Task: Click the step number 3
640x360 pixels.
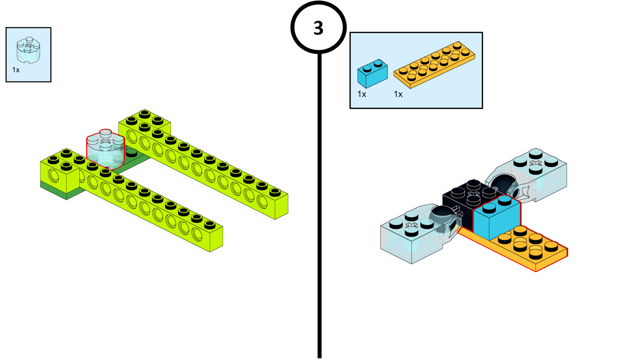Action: tap(318, 28)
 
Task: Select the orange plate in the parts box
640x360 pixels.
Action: tap(434, 64)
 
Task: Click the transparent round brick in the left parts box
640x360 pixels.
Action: tap(28, 50)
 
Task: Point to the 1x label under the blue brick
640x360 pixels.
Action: tap(362, 94)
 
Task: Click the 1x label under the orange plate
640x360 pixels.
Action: tap(398, 94)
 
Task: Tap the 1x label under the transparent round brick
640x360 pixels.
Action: tap(16, 70)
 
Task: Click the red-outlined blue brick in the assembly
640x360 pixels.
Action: tap(497, 219)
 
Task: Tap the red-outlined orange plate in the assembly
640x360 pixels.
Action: tap(528, 248)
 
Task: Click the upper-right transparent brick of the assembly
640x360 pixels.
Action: tap(540, 172)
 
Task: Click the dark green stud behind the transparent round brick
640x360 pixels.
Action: tap(131, 152)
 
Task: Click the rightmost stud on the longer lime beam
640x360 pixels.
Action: tap(275, 192)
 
